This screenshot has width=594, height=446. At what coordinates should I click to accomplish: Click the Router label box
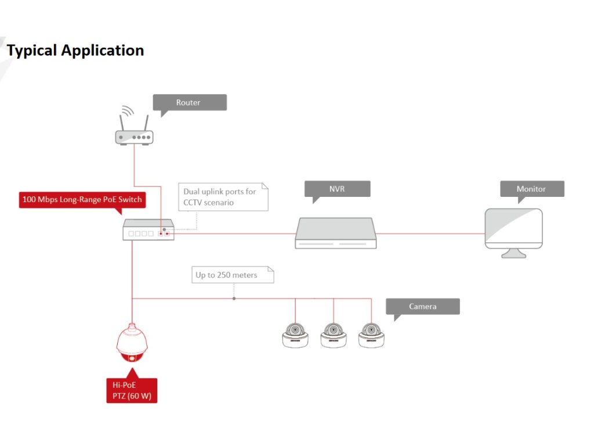coord(190,102)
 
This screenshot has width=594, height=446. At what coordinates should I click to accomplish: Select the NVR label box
coord(337,189)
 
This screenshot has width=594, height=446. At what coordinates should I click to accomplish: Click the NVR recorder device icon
coord(336,233)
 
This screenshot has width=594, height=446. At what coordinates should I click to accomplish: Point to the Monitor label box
coord(532,189)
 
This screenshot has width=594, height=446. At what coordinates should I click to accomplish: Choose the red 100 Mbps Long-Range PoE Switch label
coord(82,200)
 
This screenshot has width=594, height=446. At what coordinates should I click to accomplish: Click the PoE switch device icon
coord(148,230)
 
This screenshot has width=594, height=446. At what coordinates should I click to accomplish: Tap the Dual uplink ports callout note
coord(223,197)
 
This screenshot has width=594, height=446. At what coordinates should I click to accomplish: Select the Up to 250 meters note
coord(233,275)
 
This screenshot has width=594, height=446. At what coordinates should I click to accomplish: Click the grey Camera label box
coord(423,307)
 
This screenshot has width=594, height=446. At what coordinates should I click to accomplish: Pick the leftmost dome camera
coord(295,335)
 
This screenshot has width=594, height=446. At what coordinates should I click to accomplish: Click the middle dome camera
coord(334,335)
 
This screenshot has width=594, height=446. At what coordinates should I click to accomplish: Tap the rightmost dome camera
coord(371,335)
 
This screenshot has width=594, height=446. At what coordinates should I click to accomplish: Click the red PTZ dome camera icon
coord(132,343)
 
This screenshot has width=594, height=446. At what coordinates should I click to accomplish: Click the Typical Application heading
coord(75,51)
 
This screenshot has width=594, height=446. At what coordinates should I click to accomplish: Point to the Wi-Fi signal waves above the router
coord(128,110)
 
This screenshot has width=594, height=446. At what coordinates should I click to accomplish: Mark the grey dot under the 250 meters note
coord(234,298)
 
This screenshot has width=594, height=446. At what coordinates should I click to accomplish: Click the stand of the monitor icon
coord(514,253)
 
